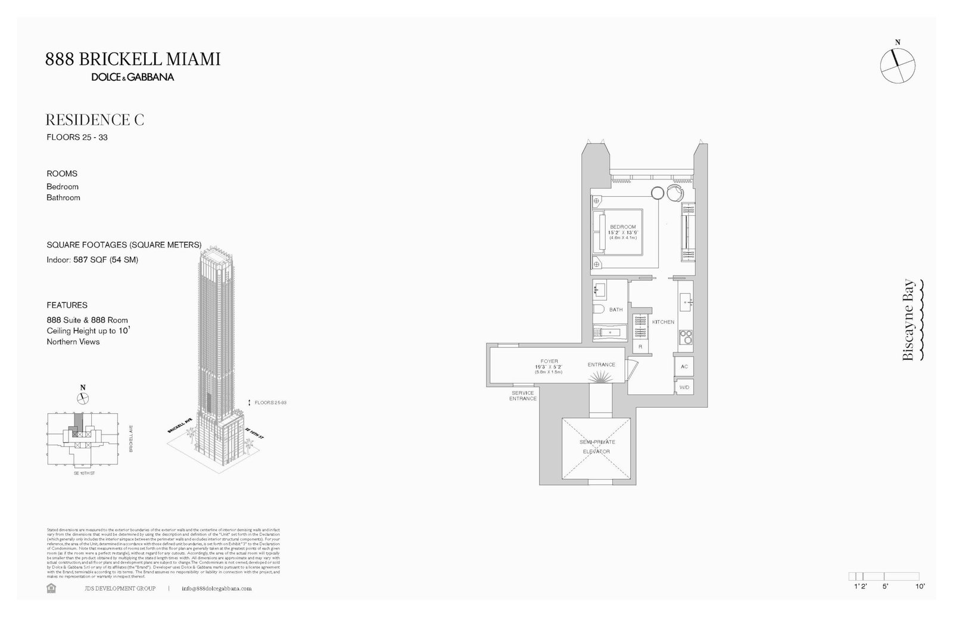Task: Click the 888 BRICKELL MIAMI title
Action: (133, 59)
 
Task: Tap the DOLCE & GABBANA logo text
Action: (132, 77)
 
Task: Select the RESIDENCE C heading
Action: (95, 120)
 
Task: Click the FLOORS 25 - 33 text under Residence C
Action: (77, 137)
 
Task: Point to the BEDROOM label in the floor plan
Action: (622, 227)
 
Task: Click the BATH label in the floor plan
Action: (615, 309)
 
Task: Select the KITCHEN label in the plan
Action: (663, 322)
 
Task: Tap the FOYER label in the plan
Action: (549, 361)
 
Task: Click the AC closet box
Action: (684, 367)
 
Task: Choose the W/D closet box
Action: (684, 387)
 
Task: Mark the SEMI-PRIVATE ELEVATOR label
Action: (597, 447)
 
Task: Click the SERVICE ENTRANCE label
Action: (524, 396)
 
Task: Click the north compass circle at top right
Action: (898, 65)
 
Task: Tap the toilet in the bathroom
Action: (599, 309)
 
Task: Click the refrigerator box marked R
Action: (640, 346)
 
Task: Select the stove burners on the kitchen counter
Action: (685, 337)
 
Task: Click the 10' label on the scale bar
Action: (920, 587)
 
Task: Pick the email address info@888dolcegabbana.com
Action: (216, 588)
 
